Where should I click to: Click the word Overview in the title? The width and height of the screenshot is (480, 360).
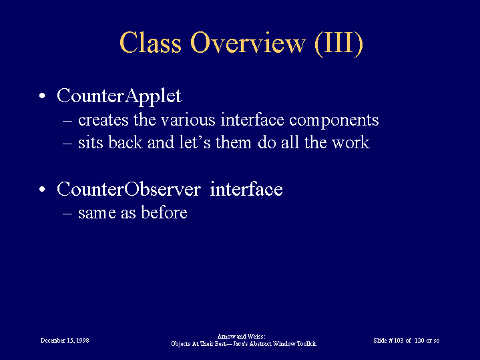coord(248,43)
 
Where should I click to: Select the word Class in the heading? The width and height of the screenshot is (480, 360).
coord(150,42)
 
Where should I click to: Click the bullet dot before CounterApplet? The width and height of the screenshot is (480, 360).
coord(42,96)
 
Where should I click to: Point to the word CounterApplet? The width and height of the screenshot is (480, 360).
coord(119,96)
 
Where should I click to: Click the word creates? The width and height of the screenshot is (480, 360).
coord(103,120)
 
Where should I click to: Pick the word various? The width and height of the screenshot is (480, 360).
coord(188,120)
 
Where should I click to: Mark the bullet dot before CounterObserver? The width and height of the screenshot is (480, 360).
coord(42,189)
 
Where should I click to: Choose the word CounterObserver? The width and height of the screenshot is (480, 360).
coord(129,189)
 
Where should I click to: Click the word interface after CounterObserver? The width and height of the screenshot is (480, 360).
coord(246,189)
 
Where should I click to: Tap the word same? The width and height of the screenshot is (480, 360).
coord(97,213)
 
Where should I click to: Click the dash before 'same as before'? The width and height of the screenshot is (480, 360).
coord(67,214)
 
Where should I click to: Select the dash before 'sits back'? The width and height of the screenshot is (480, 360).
coord(67,144)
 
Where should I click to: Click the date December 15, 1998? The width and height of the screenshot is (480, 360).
coord(65,341)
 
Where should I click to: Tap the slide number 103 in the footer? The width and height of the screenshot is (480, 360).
coord(399,341)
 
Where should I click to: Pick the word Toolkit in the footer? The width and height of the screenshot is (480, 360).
coord(306,344)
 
